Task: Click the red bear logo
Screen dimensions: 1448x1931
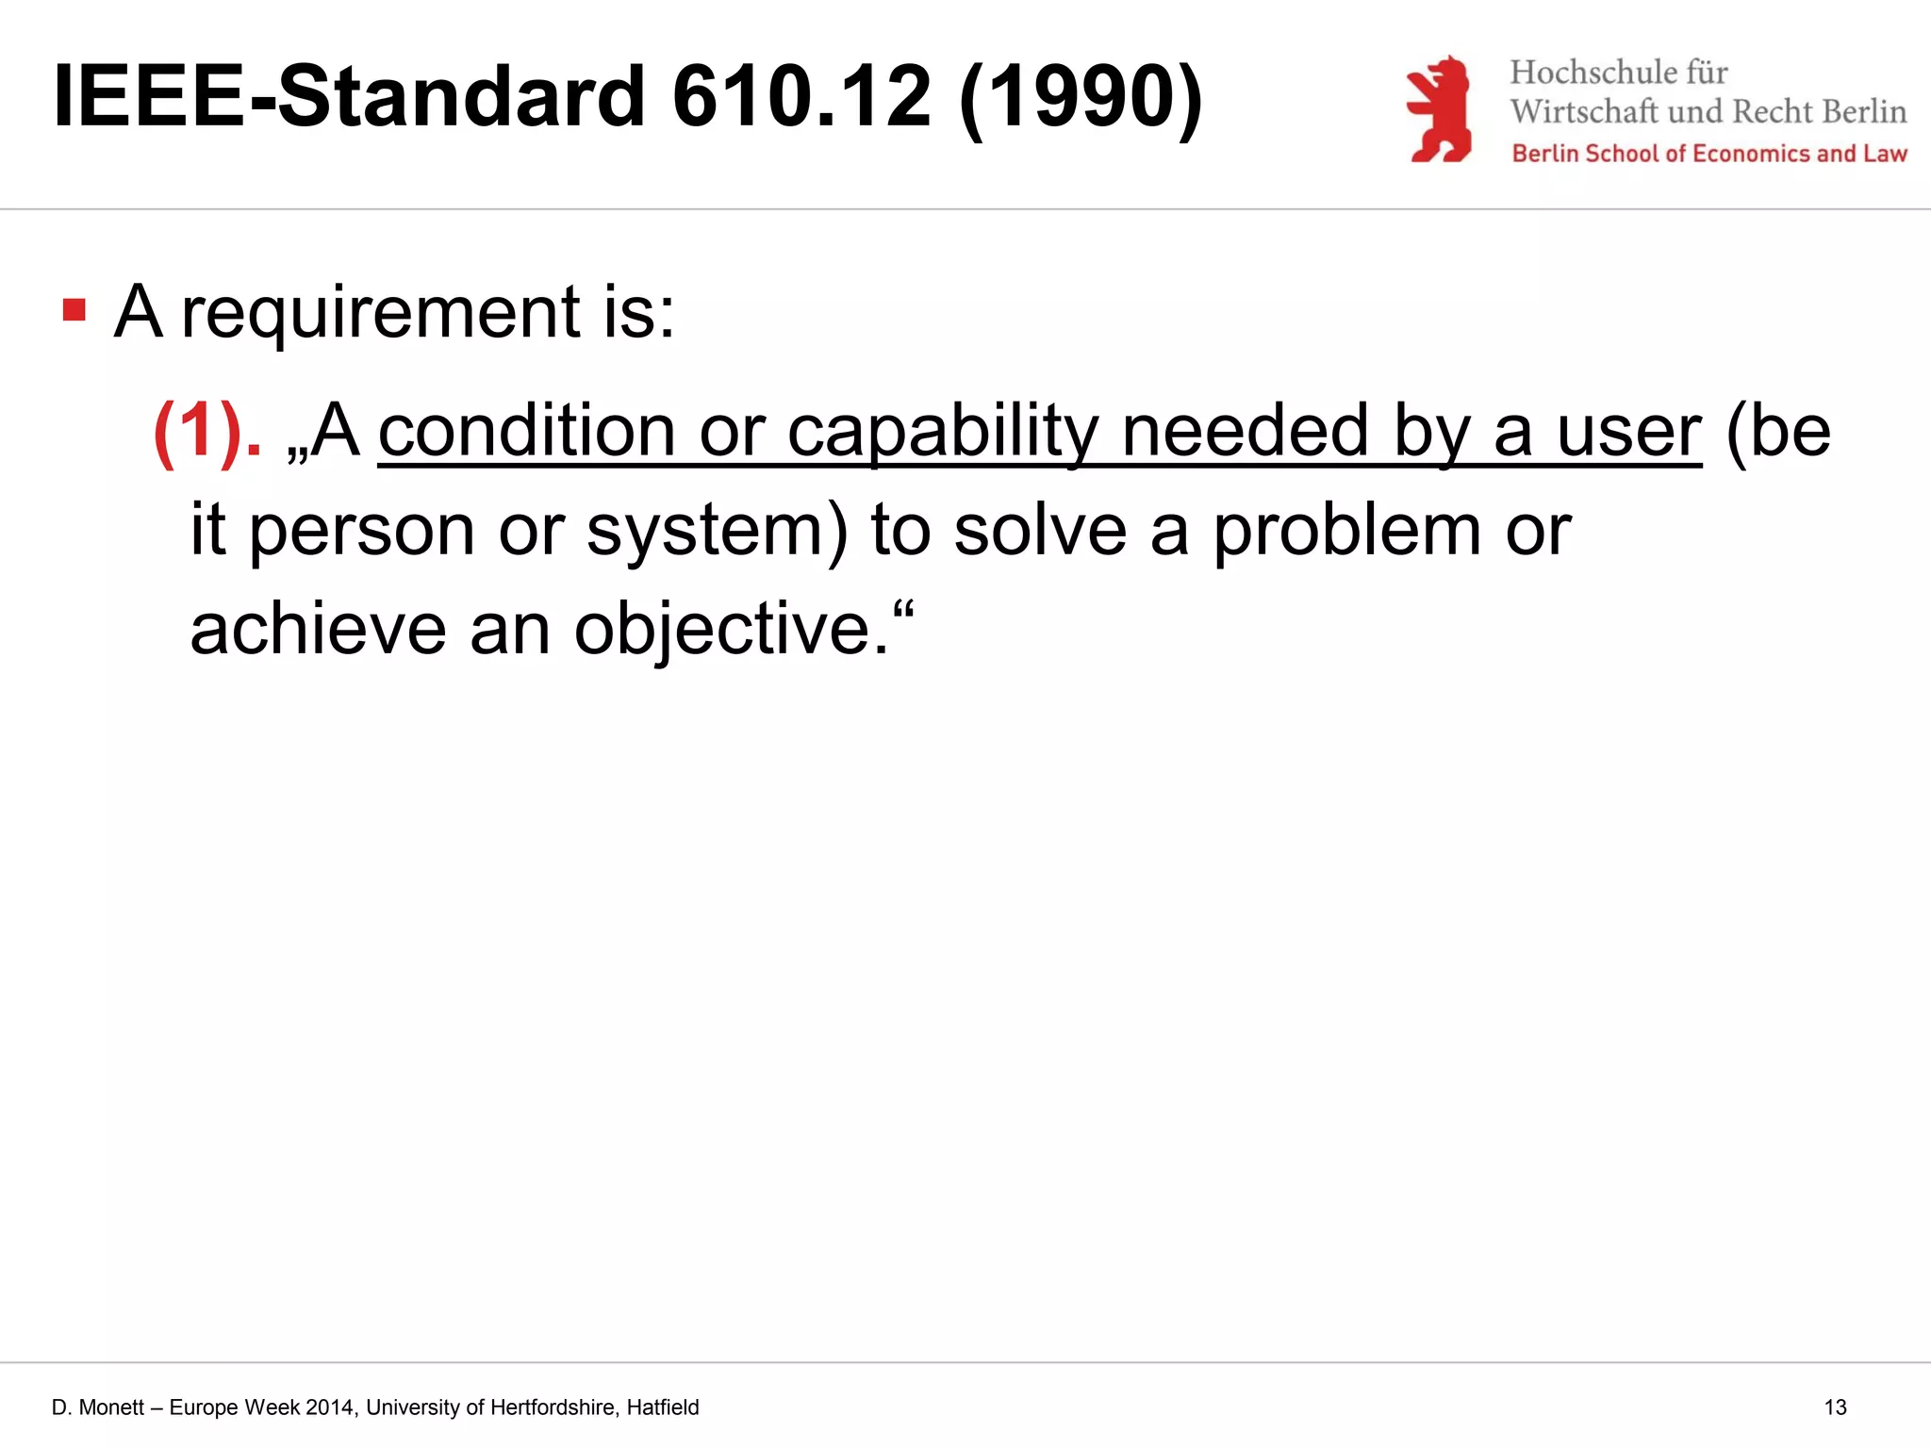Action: (x=1439, y=109)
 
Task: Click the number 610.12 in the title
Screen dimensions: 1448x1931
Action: (x=801, y=96)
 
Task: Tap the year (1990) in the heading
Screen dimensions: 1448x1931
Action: (x=1081, y=98)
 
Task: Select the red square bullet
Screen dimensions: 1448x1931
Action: (x=74, y=310)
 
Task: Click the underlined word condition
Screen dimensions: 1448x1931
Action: (x=526, y=432)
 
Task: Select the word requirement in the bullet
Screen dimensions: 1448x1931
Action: (x=380, y=313)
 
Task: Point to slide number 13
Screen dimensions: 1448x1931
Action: (x=1835, y=1407)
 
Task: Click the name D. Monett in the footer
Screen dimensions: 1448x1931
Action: (x=98, y=1407)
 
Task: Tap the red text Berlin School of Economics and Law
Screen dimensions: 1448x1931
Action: (x=1708, y=154)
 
